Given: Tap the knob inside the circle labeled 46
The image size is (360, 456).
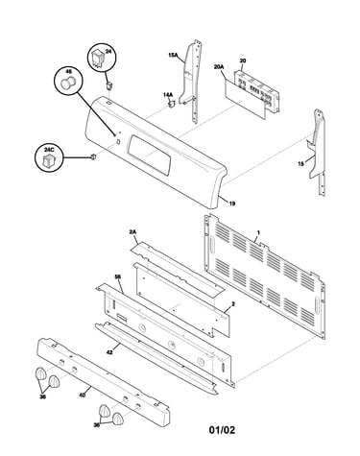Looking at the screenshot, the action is coord(68,84).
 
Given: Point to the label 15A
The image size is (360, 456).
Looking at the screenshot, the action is coord(173,55).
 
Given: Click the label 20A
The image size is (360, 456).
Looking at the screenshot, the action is coord(219,67).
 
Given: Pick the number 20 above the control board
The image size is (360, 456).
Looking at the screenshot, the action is coord(243,60).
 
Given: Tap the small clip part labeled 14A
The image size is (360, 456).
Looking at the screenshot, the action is coord(172,104).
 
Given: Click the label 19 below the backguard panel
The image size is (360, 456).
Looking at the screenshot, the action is coord(232,203).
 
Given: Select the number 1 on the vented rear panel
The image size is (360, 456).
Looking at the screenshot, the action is coord(258,231).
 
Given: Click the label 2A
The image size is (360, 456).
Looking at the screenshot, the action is coord(132,234).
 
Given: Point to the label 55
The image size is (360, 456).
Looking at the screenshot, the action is coord(118,276).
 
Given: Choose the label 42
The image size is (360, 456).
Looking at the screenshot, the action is coord(108,352).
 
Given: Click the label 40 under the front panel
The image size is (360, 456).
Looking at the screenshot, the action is coord(82,395).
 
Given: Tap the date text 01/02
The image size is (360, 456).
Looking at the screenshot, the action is coord(222,430).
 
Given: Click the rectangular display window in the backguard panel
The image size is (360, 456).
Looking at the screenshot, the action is coord(150,155).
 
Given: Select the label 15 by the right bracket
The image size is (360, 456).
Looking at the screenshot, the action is coord(300,164).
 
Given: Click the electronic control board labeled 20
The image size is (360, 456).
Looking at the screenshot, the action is coord(256,91).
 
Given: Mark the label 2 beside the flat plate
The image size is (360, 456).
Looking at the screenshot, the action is coord(233,304).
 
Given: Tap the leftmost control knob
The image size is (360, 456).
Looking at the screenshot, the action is coord(40,373).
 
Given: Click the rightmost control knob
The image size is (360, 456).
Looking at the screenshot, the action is coord(117,419).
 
